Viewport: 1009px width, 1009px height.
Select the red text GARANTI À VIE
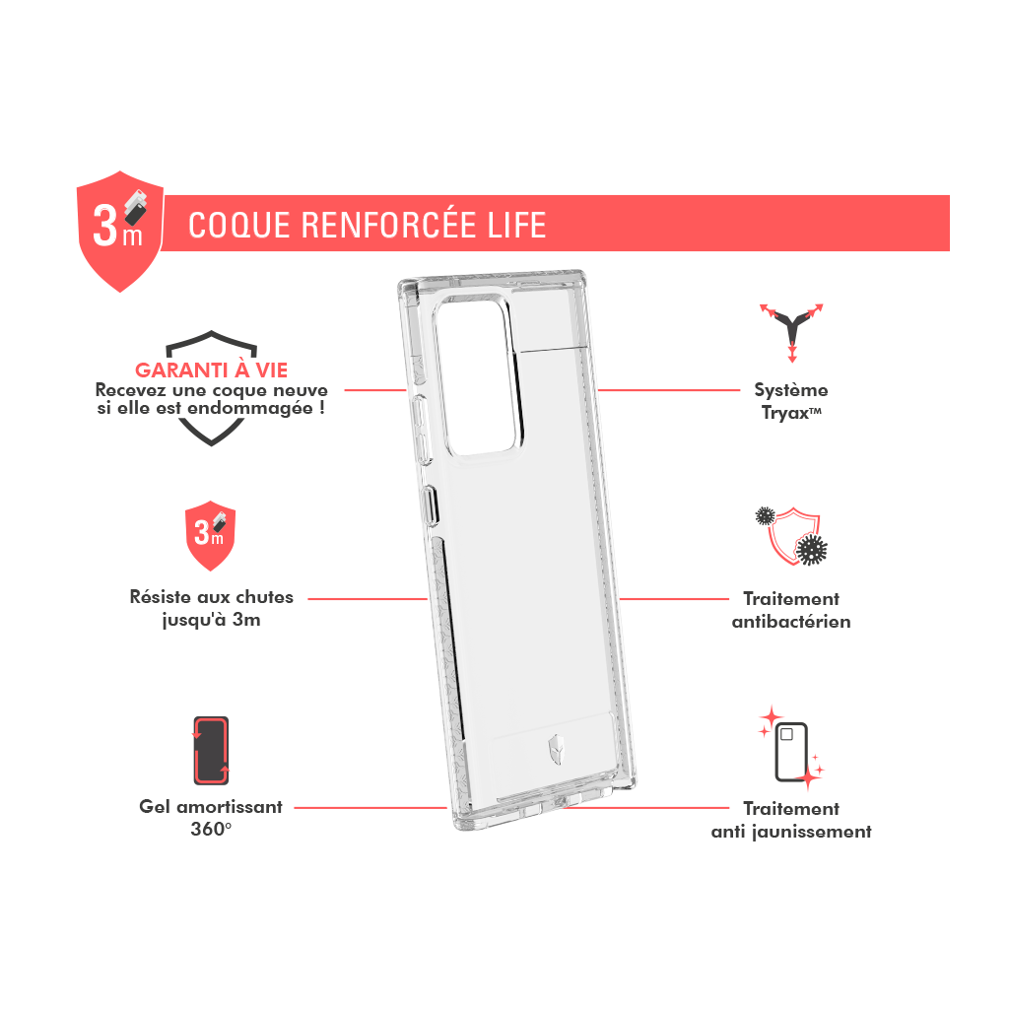tap(211, 370)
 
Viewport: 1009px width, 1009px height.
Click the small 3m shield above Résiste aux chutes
tap(211, 535)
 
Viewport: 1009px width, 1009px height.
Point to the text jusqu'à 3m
tap(211, 620)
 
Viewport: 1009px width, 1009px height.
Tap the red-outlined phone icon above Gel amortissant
tap(211, 750)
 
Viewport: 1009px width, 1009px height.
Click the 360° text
tap(211, 829)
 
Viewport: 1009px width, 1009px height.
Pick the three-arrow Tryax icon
tap(791, 332)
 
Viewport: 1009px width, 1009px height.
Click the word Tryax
tap(785, 413)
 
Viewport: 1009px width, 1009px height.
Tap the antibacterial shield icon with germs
tap(791, 536)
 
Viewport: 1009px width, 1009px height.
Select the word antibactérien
tap(791, 622)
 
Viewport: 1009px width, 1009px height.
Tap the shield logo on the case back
tap(555, 750)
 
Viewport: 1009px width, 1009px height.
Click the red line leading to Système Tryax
tap(669, 390)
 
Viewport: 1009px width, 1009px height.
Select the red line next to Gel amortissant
tap(370, 808)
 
